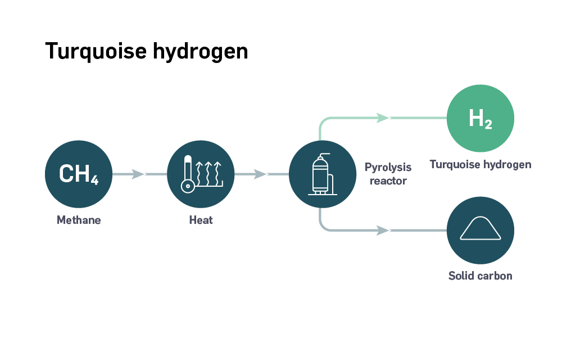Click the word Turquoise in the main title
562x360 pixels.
(x=96, y=51)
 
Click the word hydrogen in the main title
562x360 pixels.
(x=201, y=52)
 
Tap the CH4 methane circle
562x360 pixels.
(x=79, y=174)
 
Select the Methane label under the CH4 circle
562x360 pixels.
(x=79, y=220)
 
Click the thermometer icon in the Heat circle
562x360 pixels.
(x=188, y=174)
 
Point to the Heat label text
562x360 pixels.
(x=201, y=220)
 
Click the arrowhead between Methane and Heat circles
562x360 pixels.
(x=138, y=174)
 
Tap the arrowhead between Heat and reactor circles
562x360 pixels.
(x=260, y=174)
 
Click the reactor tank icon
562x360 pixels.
(x=322, y=174)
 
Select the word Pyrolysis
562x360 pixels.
(x=388, y=168)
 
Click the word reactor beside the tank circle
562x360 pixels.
(x=388, y=181)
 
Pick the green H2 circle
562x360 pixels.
(x=481, y=118)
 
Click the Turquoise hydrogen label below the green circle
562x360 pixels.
(x=481, y=165)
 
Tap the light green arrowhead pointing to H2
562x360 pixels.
(x=383, y=118)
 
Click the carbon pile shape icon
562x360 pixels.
(x=481, y=228)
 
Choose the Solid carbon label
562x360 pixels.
(x=481, y=276)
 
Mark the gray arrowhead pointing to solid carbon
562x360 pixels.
(x=383, y=230)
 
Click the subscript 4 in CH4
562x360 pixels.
(x=94, y=179)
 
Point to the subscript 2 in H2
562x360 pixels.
(x=488, y=124)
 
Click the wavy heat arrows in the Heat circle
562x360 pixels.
(x=209, y=174)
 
